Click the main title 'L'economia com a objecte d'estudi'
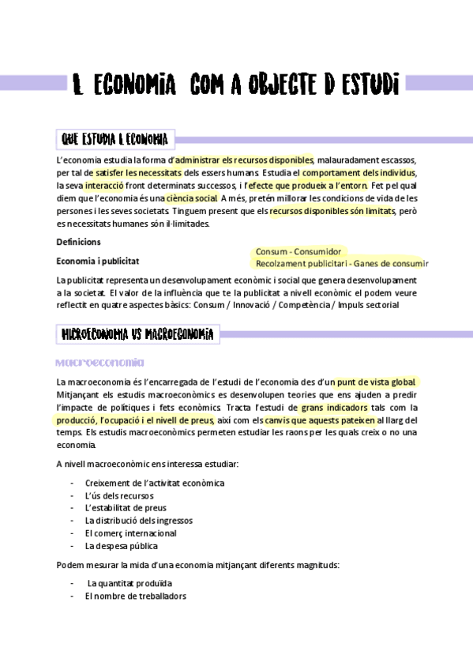pos(235,83)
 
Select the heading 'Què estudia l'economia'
pos(115,140)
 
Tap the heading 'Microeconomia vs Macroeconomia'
pos(138,335)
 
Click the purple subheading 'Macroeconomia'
pos(99,363)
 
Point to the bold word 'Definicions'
pos(78,242)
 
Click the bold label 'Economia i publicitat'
pos(99,260)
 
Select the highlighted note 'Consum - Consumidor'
pos(298,251)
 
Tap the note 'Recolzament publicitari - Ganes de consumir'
pos(341,264)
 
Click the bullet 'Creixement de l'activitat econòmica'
pos(154,483)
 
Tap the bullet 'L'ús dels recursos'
pos(119,495)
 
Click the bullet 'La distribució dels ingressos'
pos(138,521)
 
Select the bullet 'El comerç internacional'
pos(130,533)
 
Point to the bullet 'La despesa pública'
pos(121,546)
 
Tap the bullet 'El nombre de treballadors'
pos(135,596)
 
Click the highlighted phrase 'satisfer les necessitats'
pos(138,172)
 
